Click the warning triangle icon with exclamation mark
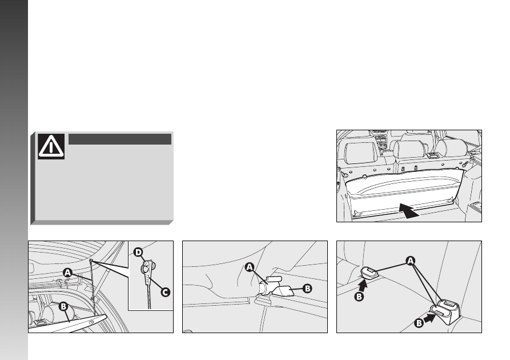tap(51, 146)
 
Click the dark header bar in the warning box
tap(120, 139)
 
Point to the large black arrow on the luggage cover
tap(409, 210)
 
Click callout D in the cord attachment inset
tap(139, 252)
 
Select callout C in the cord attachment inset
tap(166, 293)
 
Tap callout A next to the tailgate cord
tap(67, 273)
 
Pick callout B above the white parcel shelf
tap(63, 307)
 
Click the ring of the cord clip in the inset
tap(145, 269)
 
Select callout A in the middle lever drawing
tap(250, 267)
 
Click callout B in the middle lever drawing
tap(307, 289)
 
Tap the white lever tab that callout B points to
tap(283, 291)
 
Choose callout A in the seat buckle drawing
tap(411, 261)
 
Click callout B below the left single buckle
tap(359, 297)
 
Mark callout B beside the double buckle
tap(419, 323)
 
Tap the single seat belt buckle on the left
tap(369, 272)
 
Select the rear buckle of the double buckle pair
tap(448, 306)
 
